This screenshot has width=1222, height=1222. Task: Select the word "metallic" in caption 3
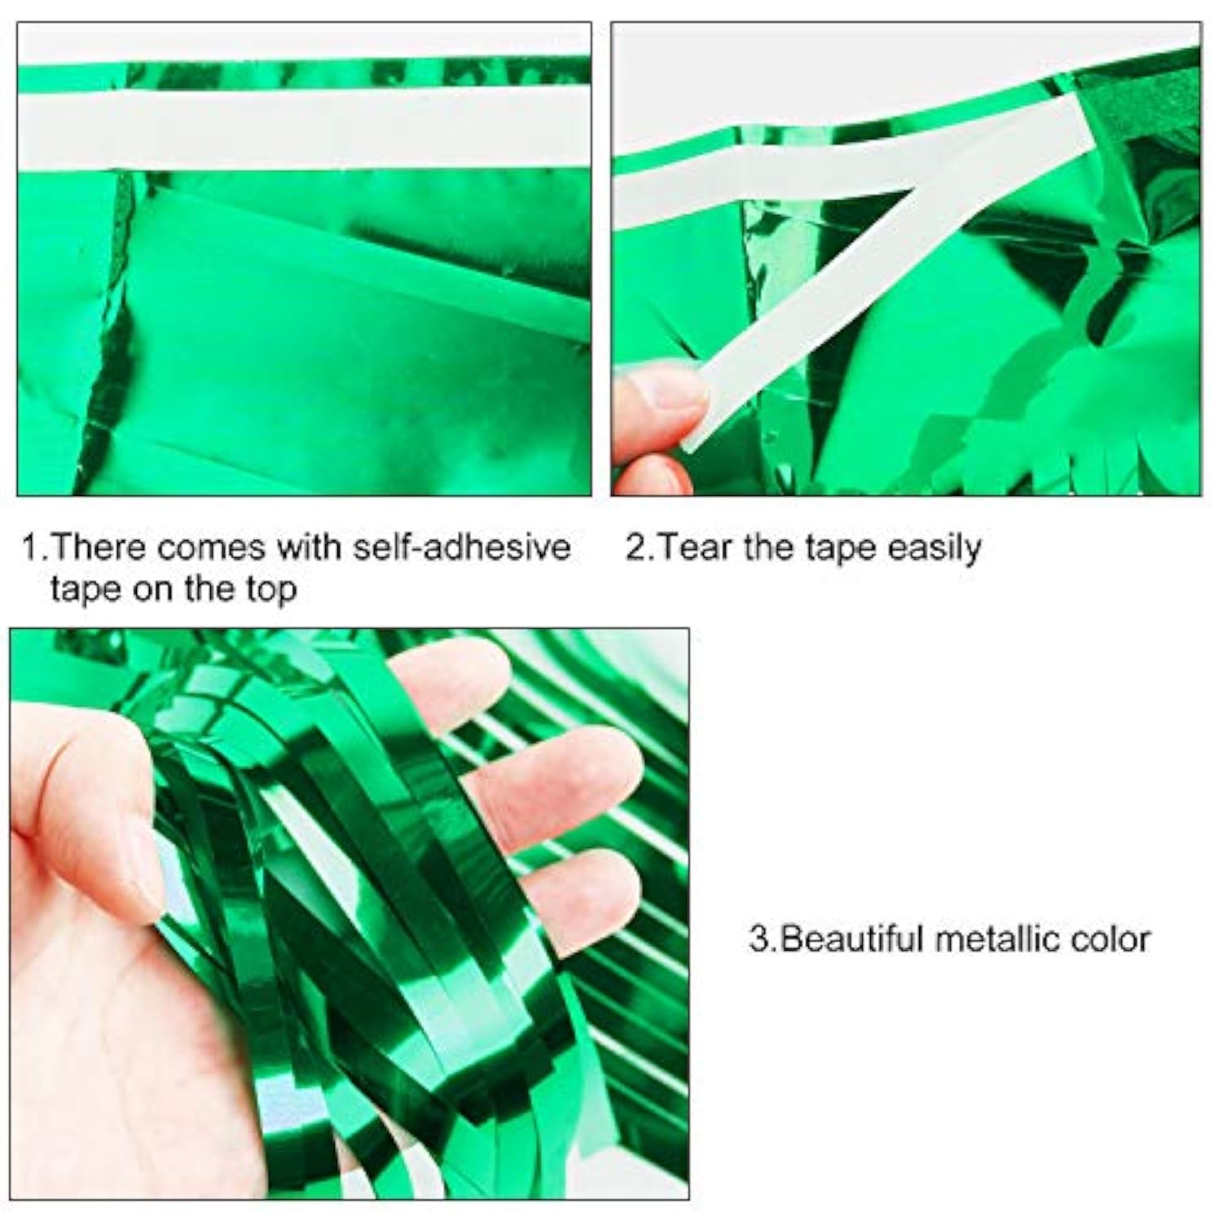pyautogui.click(x=999, y=939)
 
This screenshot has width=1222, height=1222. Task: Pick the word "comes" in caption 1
pyautogui.click(x=213, y=547)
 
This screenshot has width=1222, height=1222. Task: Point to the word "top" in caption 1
pyautogui.click(x=272, y=588)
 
